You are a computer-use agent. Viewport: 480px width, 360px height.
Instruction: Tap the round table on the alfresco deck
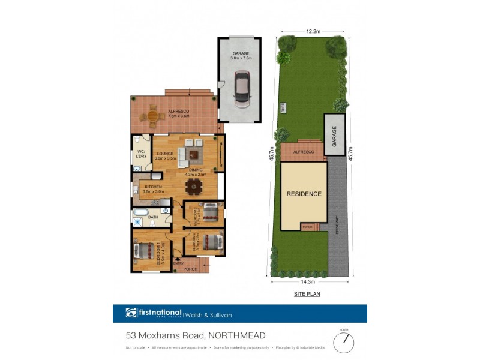[153, 115]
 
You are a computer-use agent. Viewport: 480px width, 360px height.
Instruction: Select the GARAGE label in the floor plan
[239, 55]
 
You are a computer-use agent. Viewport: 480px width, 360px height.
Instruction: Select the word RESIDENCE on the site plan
[304, 194]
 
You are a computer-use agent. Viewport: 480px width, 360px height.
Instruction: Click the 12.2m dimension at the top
[312, 31]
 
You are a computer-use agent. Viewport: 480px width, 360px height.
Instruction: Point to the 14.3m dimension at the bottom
[308, 281]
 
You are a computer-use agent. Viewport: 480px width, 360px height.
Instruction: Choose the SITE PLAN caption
[307, 295]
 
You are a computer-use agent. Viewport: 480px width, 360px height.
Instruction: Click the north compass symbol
[344, 341]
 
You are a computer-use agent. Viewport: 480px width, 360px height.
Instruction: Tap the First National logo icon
[132, 313]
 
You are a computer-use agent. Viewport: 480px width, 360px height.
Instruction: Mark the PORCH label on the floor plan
[190, 269]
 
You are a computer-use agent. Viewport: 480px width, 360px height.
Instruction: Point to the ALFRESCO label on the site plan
[304, 152]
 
